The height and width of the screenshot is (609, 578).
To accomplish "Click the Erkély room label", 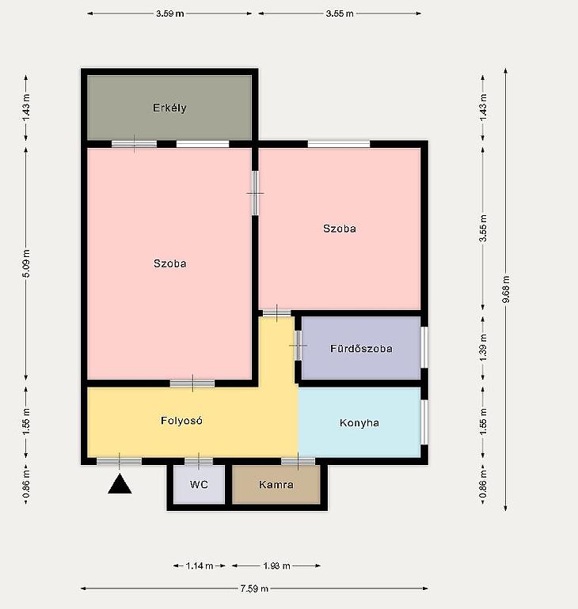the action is coord(169,108).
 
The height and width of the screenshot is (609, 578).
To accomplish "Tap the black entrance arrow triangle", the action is coord(120,484).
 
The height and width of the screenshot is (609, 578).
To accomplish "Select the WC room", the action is coord(199,484).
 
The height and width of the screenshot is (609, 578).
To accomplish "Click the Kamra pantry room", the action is coord(276,484).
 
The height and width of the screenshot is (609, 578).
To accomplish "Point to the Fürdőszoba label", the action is coord(361,348).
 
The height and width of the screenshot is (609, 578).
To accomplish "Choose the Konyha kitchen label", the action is coord(359,422).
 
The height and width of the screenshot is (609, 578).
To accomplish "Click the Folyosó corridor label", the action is coord(181,420).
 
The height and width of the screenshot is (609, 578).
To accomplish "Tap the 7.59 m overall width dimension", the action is coord(254,588).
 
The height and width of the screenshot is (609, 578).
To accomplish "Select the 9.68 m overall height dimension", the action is coord(506,289).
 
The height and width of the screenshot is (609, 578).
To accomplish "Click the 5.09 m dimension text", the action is coord(26,263).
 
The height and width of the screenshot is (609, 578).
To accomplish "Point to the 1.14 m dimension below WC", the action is coord(199,565).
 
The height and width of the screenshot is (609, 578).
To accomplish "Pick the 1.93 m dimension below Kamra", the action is coord(276,565).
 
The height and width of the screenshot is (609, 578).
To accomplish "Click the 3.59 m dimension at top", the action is coord(170,13).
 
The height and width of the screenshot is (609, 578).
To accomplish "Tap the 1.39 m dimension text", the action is coord(483,348).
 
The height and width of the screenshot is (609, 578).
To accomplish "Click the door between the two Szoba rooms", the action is coord(255,193).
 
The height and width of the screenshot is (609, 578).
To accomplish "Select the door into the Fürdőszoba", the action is coord(299,346).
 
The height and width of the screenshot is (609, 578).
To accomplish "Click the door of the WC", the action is coord(199,461).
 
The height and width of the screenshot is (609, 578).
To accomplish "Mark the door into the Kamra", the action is coord(299,461).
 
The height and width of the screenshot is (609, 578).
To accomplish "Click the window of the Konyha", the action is coord(424,422).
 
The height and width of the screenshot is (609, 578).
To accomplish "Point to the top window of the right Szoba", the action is coord(339,144).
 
